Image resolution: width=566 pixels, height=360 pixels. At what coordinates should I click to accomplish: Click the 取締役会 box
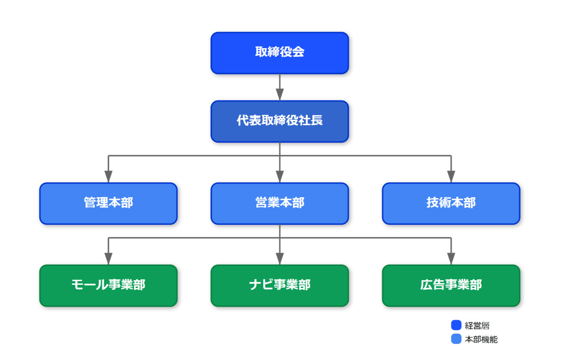pos(280,53)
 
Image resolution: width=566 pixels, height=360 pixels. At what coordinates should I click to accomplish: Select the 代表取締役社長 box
pos(280,122)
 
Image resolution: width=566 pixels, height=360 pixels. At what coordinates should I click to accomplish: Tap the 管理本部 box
pos(108,204)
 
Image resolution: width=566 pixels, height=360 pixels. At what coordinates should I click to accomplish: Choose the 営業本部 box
pos(280,204)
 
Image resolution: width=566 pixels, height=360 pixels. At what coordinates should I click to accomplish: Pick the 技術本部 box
pos(451,204)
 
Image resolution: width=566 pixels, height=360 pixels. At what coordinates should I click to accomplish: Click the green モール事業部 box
pos(108,286)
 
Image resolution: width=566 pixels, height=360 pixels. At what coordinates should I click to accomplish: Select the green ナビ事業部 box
pos(280,286)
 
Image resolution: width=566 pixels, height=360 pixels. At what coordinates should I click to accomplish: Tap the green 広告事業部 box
pos(451,286)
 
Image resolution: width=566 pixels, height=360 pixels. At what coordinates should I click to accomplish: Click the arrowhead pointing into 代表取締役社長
pos(280,94)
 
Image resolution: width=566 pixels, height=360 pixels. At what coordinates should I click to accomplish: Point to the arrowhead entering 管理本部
pos(108,177)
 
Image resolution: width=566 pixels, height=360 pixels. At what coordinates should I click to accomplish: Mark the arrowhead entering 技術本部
pos(451,177)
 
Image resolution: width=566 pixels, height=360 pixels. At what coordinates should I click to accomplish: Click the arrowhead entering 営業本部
pos(280,177)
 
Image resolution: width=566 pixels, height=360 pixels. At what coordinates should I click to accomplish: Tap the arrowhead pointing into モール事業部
pos(108,259)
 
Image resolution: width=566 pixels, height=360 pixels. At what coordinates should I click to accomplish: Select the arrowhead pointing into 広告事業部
pos(451,259)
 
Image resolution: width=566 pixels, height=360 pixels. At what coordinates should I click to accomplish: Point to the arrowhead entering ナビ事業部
pos(280,259)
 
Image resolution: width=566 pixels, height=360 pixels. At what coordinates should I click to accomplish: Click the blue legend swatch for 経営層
pos(456,325)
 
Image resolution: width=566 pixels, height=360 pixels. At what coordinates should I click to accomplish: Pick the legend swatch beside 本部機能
pos(456,339)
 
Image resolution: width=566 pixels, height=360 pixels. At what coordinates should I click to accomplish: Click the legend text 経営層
pos(477,326)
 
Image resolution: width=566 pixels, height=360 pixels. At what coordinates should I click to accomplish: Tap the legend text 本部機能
pos(481,339)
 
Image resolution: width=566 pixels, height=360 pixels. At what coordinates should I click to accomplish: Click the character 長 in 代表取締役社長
pos(316,120)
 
